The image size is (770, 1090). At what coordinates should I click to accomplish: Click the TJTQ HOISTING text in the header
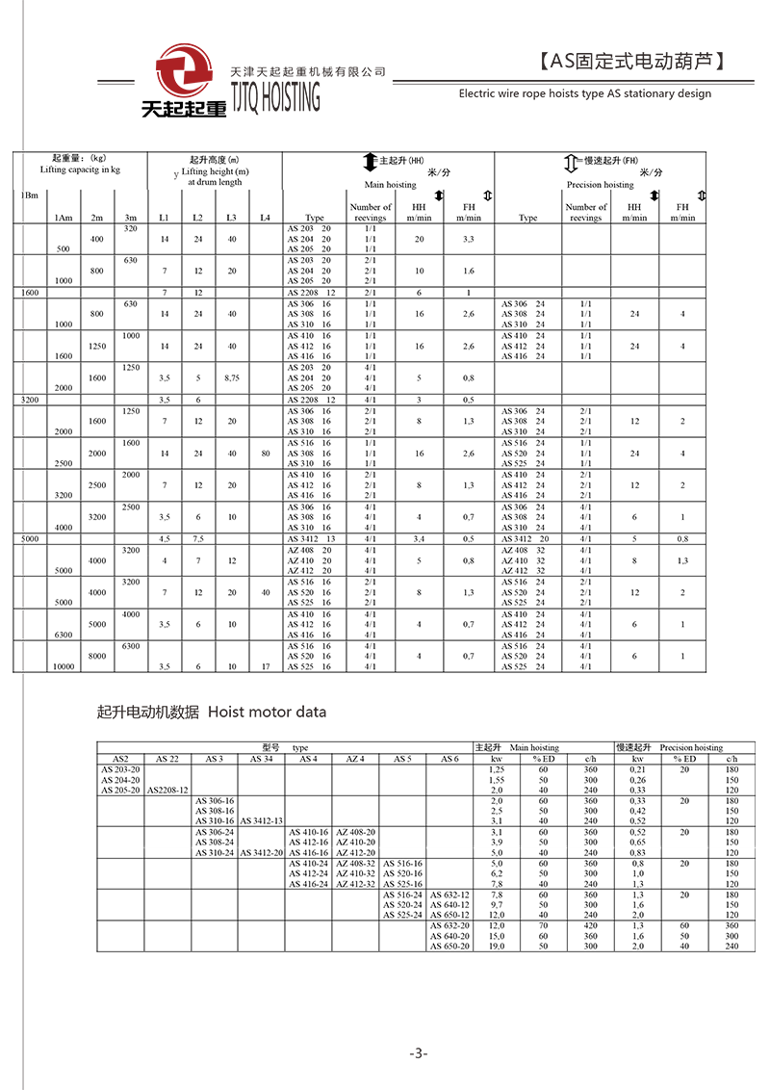coord(275,97)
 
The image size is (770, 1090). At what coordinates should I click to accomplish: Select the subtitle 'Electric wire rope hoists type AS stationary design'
coord(585,93)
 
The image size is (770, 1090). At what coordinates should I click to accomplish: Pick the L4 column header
coord(265,218)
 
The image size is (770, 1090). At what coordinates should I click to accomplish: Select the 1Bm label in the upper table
coord(30,195)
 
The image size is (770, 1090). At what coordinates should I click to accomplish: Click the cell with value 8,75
coord(231,378)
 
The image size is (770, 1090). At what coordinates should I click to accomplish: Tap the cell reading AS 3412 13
coord(311,539)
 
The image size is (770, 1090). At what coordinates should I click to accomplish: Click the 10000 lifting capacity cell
coord(64,665)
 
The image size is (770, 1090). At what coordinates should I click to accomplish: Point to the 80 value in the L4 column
coord(265,453)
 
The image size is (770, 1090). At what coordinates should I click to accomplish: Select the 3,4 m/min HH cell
coord(419,539)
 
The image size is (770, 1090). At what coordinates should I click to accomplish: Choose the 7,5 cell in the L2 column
coord(197,539)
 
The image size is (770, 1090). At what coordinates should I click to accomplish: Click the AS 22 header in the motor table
coord(167,759)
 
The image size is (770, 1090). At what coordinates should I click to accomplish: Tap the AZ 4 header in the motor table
coord(355,759)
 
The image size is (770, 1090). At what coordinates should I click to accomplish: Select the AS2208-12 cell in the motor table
coord(167,790)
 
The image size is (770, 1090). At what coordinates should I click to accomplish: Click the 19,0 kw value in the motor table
coord(497,946)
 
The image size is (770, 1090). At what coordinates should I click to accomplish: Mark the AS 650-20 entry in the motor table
coord(449,946)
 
